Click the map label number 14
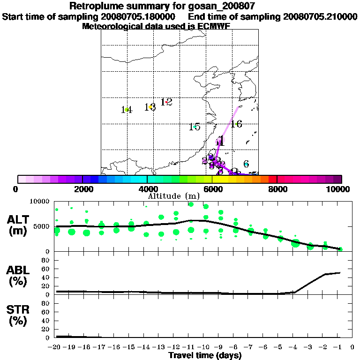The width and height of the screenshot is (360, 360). click(126, 110)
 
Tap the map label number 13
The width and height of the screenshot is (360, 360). click(150, 107)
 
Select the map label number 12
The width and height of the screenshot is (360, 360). click(166, 102)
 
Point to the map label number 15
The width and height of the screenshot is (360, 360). click(195, 127)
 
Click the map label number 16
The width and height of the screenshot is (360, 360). click(236, 124)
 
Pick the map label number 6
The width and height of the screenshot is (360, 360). click(246, 164)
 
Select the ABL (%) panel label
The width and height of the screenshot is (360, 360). click(19, 276)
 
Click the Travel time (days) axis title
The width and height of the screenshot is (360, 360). click(205, 356)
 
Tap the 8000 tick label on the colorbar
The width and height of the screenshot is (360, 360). click(277, 189)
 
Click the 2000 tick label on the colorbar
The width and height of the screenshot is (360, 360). click(82, 189)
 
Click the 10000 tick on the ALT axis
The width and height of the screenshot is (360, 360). click(40, 202)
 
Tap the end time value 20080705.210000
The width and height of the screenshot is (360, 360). click(321, 16)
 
